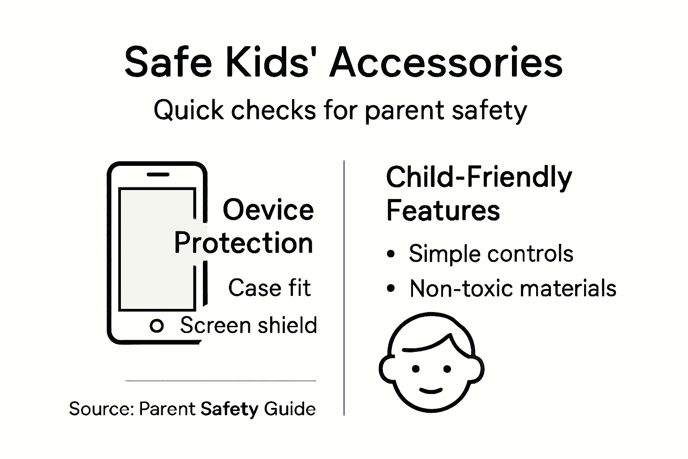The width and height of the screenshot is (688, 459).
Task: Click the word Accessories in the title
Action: pyautogui.click(x=446, y=63)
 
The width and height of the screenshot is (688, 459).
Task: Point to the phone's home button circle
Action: pyautogui.click(x=156, y=326)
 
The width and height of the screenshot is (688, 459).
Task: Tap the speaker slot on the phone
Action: pyautogui.click(x=158, y=174)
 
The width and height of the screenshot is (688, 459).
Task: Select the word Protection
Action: pyautogui.click(x=243, y=243)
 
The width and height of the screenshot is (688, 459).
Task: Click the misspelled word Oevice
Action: pyautogui.click(x=268, y=210)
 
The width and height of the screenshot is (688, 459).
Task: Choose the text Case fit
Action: pyautogui.click(x=269, y=287)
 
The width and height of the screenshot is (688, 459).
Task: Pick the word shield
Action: pyautogui.click(x=290, y=325)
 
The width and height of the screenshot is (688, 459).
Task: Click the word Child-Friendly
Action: pyautogui.click(x=479, y=178)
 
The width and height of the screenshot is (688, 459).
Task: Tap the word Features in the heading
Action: pyautogui.click(x=443, y=210)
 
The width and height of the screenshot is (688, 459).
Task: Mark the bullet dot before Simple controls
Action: pyautogui.click(x=391, y=254)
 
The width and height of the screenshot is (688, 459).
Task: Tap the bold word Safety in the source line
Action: pyautogui.click(x=229, y=409)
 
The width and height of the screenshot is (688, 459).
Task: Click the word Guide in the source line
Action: pyautogui.click(x=290, y=409)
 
